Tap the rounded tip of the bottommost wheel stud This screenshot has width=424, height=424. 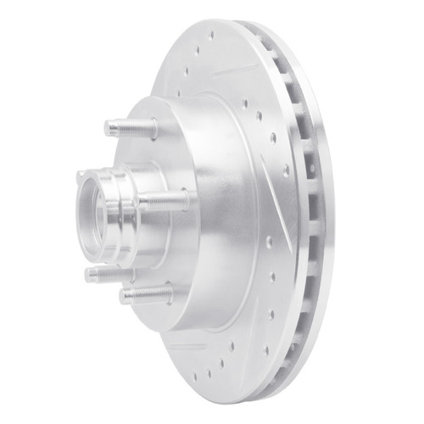click(124, 296)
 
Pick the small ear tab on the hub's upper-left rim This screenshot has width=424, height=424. click(81, 177)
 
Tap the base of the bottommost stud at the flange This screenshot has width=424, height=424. click(166, 293)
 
